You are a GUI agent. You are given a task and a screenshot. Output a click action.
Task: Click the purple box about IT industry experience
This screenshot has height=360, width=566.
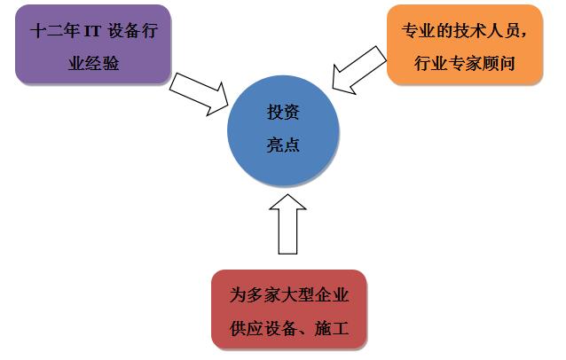(92, 44)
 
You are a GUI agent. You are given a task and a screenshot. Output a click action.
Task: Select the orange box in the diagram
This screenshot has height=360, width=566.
(464, 44)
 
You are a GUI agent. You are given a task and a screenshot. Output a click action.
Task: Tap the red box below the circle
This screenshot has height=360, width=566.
(288, 309)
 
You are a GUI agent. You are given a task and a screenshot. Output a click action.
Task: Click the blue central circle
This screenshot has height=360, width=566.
(283, 129)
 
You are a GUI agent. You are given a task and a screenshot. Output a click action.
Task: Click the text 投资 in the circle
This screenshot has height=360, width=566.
(283, 113)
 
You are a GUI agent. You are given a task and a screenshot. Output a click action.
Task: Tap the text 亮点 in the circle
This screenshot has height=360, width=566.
(283, 145)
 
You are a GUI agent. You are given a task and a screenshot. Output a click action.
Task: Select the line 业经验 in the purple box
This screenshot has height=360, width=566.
(93, 62)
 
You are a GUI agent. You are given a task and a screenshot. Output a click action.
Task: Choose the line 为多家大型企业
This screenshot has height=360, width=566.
(288, 293)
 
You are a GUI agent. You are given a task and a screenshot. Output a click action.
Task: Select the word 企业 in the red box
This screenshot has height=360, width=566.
(334, 293)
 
